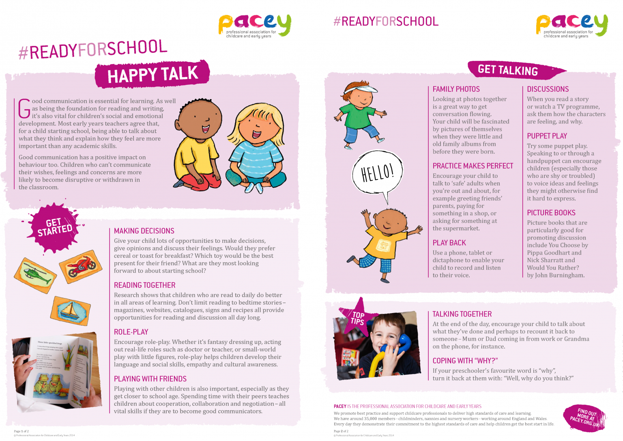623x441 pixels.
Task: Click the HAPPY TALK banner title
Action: (153, 75)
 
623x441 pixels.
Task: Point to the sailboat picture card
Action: (71, 311)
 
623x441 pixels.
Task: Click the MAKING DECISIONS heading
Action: (144, 231)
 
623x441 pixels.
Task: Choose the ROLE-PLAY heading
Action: (131, 332)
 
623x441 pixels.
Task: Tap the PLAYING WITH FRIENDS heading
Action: (150, 379)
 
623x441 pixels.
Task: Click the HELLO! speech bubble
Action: (377, 173)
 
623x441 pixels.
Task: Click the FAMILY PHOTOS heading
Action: (456, 89)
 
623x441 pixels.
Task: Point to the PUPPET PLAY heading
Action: (547, 136)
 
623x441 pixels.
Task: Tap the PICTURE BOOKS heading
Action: (551, 213)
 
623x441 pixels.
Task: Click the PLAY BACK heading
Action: (449, 243)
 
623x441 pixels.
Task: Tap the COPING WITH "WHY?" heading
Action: (465, 361)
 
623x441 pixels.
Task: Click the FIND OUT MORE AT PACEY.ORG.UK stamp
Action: (584, 417)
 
